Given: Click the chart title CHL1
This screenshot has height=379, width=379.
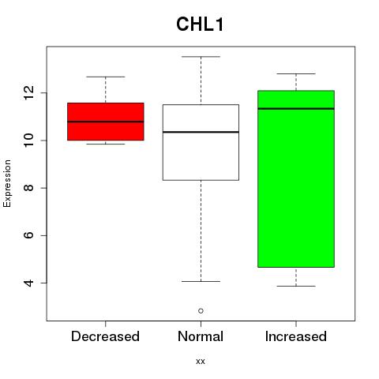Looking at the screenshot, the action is click(x=200, y=24).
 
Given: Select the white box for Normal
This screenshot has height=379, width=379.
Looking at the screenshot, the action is click(x=201, y=158).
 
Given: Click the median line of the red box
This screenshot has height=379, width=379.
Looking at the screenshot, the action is click(x=106, y=122).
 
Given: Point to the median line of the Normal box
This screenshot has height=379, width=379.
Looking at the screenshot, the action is click(x=201, y=132).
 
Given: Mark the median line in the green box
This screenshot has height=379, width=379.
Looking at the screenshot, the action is click(x=296, y=108).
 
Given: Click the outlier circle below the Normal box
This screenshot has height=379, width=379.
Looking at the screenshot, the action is click(x=201, y=311).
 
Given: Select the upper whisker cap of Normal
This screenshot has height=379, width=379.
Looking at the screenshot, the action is click(x=201, y=57).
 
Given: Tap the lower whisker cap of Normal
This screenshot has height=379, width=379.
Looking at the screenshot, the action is click(x=201, y=281).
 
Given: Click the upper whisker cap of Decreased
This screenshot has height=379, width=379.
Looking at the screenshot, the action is click(x=106, y=77).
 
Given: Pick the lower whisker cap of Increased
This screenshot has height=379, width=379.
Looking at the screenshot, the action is click(x=296, y=286).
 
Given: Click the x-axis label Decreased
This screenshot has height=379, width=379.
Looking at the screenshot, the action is click(x=105, y=336).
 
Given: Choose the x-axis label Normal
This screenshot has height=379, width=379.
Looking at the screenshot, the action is click(x=201, y=336).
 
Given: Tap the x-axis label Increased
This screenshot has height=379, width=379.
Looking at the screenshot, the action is click(x=296, y=336).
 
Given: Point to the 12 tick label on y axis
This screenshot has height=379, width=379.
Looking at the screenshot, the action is click(x=28, y=92).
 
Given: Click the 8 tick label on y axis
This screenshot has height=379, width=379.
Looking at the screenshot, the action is click(x=28, y=188).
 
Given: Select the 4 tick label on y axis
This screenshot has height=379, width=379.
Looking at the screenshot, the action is click(x=28, y=283).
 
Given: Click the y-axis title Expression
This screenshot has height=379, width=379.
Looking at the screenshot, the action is click(x=7, y=183).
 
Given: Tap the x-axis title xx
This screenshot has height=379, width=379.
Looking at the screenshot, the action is click(x=201, y=362).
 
